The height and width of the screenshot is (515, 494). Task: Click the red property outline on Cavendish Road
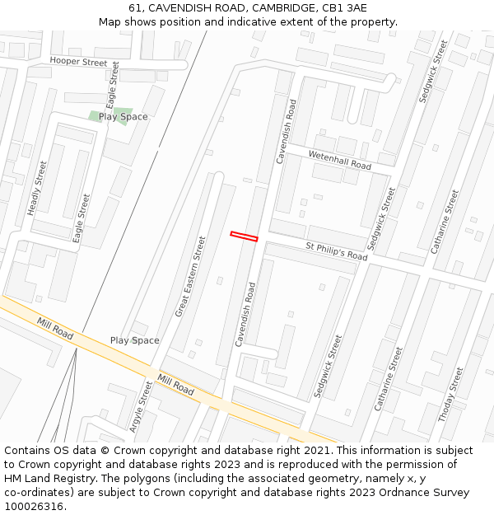[x=244, y=236]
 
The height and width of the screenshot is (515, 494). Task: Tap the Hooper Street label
[x=78, y=62]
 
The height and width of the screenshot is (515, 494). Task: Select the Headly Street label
[x=37, y=189]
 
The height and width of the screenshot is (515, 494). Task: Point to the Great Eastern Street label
[x=190, y=277]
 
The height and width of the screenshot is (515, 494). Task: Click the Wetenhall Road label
[x=339, y=160]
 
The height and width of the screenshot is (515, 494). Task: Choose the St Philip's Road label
[x=336, y=251]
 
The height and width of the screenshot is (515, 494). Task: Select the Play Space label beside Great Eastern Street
[x=135, y=340]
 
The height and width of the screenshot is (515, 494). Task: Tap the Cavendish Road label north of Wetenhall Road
[x=286, y=132]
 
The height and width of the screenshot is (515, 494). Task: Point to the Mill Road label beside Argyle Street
[x=175, y=385]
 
